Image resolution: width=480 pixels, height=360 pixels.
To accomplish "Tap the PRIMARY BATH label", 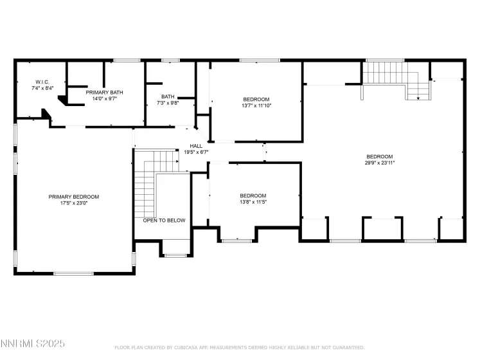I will pyautogui.click(x=104, y=92).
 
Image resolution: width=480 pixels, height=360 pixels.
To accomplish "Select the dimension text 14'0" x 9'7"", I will pyautogui.click(x=104, y=99).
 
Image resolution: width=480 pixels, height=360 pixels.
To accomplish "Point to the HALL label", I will pyautogui.click(x=196, y=146).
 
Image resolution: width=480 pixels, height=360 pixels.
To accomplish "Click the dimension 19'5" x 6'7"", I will pyautogui.click(x=196, y=152).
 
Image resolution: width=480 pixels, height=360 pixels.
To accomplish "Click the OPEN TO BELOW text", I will pyautogui.click(x=164, y=221).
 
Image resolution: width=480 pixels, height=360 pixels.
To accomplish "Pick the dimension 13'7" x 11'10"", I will pyautogui.click(x=256, y=106).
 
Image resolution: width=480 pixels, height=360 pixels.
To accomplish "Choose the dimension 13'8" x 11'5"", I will pyautogui.click(x=253, y=203).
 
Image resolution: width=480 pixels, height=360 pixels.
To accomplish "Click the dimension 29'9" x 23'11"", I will pyautogui.click(x=379, y=163).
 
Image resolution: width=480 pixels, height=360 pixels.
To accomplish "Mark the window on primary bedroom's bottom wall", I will pyautogui.click(x=74, y=274).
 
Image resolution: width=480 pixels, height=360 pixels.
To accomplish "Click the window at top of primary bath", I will pyautogui.click(x=127, y=60).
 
